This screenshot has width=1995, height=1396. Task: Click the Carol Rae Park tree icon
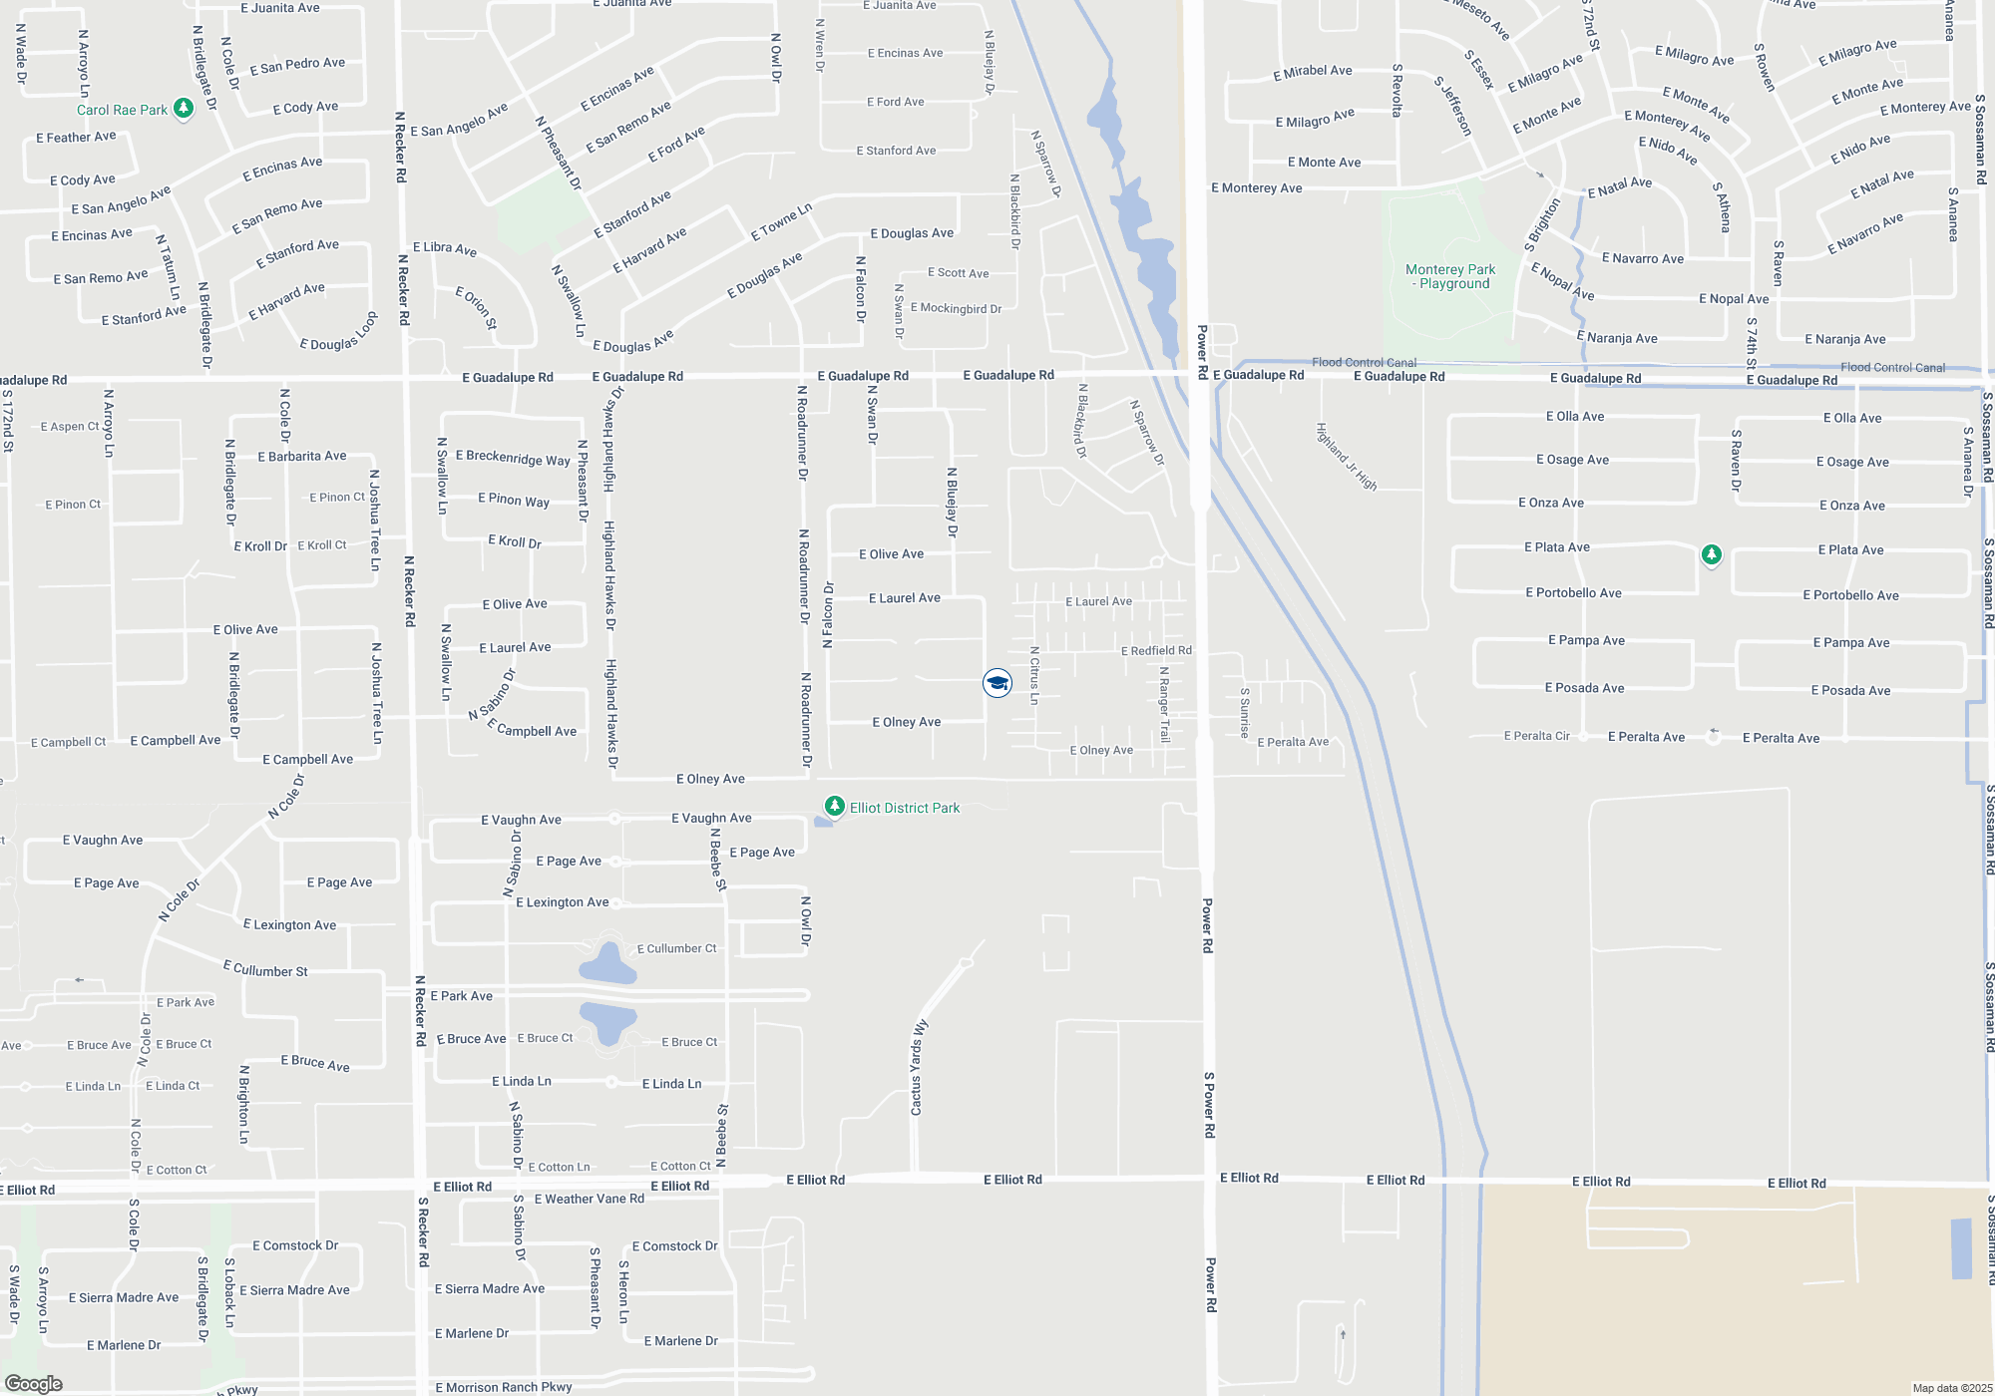[x=183, y=108]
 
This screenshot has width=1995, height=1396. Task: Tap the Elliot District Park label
[x=904, y=808]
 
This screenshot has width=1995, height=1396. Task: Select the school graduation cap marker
[x=997, y=683]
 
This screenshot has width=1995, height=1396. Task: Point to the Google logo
[x=34, y=1384]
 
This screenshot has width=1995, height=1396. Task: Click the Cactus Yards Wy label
[x=918, y=1067]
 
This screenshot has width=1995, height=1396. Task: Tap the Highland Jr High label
[x=1346, y=457]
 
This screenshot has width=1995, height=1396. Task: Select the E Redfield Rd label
[x=1156, y=650]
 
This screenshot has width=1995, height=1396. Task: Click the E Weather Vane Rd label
[x=589, y=1199]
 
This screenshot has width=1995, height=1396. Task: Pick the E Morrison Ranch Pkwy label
[x=504, y=1387]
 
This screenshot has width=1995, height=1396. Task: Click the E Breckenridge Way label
[x=513, y=458]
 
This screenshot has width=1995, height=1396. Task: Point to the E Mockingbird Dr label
[x=956, y=308]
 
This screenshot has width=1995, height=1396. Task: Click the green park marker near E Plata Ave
[x=1711, y=554]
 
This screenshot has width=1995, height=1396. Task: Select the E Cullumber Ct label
[x=676, y=948]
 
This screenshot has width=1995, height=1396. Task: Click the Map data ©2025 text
[x=1951, y=1388]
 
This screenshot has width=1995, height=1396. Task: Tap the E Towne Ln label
[x=781, y=222]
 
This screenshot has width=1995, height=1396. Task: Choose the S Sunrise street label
[x=1245, y=712]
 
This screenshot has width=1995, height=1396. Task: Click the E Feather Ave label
[x=76, y=138]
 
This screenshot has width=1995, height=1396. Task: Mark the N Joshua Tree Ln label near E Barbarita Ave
[x=375, y=521]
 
